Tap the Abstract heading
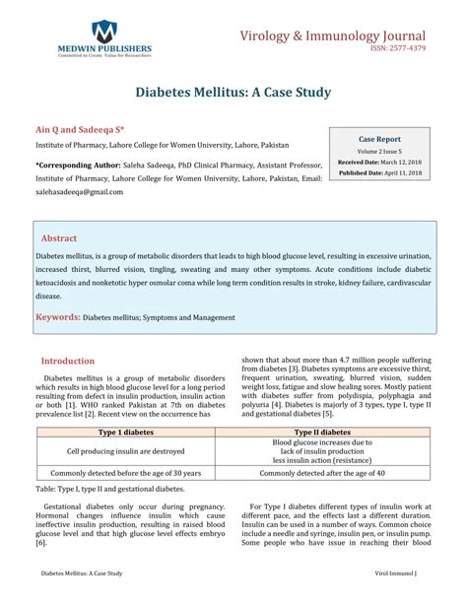[59, 238]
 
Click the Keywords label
[58, 317]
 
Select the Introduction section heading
[68, 362]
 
